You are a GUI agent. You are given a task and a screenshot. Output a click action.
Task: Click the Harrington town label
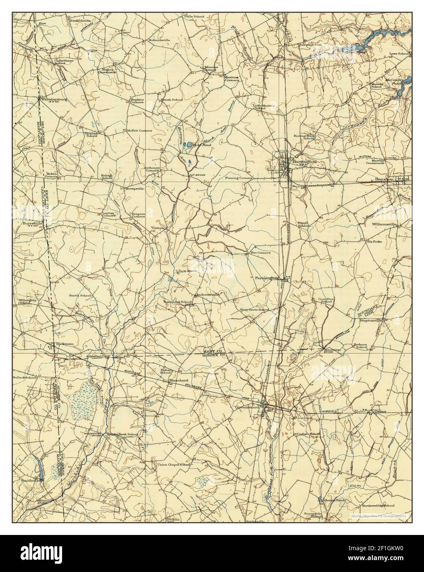(305, 162)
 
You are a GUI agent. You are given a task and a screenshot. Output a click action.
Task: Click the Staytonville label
(371, 319)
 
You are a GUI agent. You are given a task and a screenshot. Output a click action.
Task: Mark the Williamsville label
(385, 224)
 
